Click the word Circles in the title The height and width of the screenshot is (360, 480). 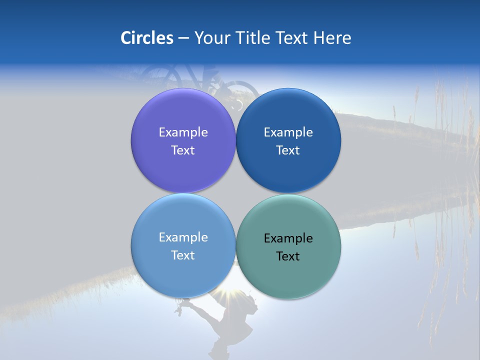(146, 38)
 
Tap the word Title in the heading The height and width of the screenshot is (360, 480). (254, 38)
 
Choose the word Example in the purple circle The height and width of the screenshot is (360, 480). (183, 132)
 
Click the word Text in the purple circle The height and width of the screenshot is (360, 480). (183, 150)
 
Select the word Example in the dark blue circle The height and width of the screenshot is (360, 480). (288, 132)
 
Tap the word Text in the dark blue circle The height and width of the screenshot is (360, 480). (288, 150)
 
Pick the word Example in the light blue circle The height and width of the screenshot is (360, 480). (183, 237)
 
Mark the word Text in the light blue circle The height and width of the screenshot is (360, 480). (183, 255)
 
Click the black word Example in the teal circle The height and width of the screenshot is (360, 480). (288, 238)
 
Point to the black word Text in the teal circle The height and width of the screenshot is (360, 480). (288, 256)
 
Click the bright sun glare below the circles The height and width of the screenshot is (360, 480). (234, 299)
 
